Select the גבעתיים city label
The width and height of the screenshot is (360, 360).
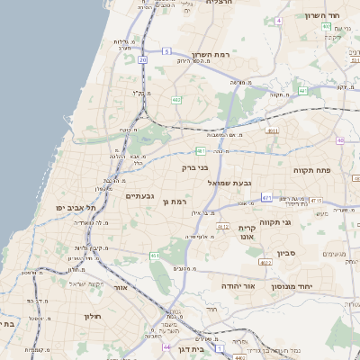(142, 196)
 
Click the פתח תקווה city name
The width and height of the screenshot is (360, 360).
(312, 168)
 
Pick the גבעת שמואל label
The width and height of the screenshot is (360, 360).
(226, 183)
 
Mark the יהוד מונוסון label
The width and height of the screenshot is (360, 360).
(315, 285)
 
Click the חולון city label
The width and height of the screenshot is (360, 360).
(94, 316)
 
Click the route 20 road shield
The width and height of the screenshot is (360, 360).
(142, 59)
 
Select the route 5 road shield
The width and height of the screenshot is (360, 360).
(166, 51)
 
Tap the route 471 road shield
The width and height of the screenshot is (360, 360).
(267, 196)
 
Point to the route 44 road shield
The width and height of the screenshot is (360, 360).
(166, 346)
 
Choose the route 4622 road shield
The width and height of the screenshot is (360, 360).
(265, 262)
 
